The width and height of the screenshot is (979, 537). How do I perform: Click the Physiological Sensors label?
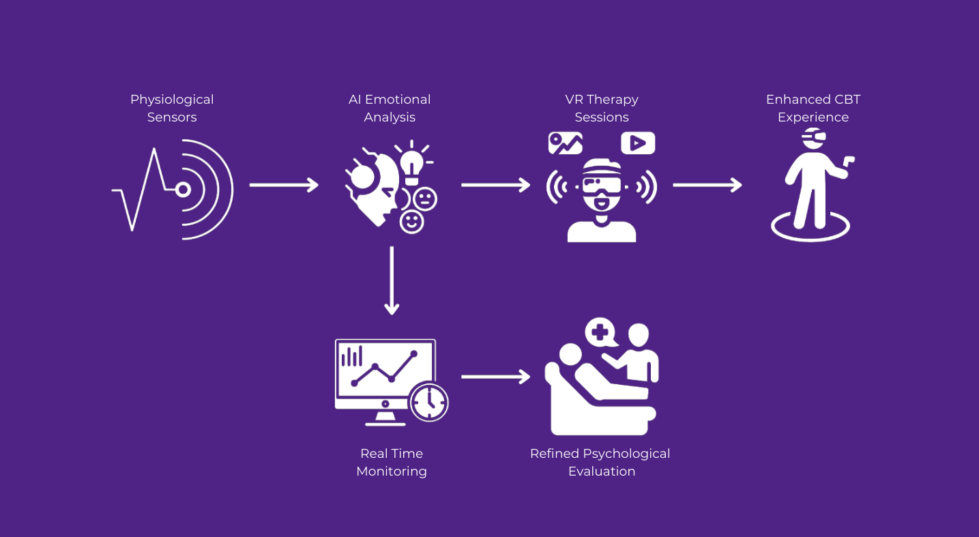coord(172,108)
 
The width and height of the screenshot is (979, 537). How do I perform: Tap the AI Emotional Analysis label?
coord(390,108)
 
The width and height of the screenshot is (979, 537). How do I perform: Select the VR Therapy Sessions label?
coord(601,108)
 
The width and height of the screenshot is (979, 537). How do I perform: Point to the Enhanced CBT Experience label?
coord(813,108)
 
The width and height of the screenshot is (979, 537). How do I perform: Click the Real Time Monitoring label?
coord(392,462)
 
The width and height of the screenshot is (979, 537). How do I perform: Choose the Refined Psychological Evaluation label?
coord(600,462)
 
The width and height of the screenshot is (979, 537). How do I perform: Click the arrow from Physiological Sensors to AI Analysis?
coord(284,185)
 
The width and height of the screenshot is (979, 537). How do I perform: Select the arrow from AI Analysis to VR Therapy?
coord(495,185)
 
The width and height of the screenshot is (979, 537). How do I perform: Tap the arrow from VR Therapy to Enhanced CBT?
coord(707,185)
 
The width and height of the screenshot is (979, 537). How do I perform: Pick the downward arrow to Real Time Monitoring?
coord(392,280)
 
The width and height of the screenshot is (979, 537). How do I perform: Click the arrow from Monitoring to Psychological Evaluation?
coord(495,377)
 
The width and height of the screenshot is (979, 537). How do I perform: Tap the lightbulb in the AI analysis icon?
coord(412,163)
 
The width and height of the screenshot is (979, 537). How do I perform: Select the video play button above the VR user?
coord(638,143)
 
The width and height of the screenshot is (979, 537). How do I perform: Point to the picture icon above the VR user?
coord(566,143)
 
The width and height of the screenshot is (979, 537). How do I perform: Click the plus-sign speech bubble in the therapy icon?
coord(600,332)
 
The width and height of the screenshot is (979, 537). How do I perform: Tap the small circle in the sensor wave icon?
coord(183,190)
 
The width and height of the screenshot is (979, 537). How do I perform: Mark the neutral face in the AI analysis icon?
coord(425,199)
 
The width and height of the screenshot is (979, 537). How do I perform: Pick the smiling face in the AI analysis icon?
coord(411,221)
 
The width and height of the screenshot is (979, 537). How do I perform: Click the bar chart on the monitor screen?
coord(352,356)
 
